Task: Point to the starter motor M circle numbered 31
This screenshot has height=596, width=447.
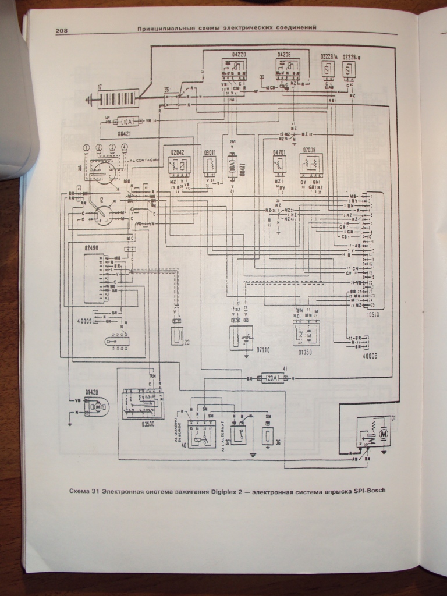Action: [383, 432]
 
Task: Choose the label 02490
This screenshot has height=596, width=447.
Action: [92, 248]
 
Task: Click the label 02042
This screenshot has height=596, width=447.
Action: [177, 151]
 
